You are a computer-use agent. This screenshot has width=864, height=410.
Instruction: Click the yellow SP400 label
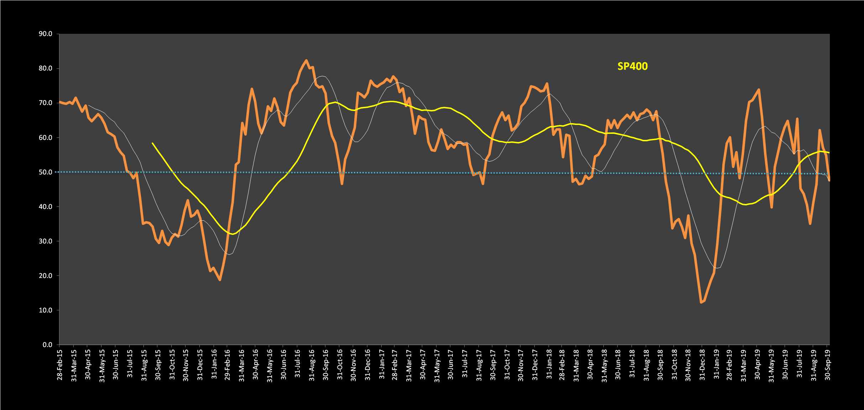pyautogui.click(x=632, y=67)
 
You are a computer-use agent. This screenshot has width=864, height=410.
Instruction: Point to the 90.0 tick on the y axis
pyautogui.click(x=45, y=34)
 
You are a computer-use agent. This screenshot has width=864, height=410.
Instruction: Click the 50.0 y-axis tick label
pyautogui.click(x=45, y=172)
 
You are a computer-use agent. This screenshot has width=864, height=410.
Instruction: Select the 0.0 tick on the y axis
pyautogui.click(x=47, y=345)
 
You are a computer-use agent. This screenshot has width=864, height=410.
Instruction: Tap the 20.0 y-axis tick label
pyautogui.click(x=45, y=276)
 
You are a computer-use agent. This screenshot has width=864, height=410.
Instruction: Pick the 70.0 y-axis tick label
pyautogui.click(x=45, y=103)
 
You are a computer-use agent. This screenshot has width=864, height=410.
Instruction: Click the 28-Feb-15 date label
pyautogui.click(x=59, y=365)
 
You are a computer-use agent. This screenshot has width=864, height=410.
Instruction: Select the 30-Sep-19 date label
pyautogui.click(x=828, y=365)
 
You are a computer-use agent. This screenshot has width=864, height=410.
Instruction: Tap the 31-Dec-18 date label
pyautogui.click(x=702, y=365)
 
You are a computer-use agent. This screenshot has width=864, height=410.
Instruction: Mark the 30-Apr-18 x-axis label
pyautogui.click(x=590, y=365)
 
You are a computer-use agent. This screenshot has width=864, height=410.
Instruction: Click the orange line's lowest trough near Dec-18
pyautogui.click(x=701, y=303)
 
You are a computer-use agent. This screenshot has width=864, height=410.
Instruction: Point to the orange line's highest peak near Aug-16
pyautogui.click(x=306, y=60)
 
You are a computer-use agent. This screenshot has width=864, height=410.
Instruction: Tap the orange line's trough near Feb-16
pyautogui.click(x=220, y=280)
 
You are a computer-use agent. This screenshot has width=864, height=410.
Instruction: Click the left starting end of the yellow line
pyautogui.click(x=152, y=143)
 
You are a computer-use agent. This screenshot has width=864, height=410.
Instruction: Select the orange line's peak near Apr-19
pyautogui.click(x=759, y=89)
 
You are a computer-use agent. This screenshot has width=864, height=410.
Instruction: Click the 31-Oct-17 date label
pyautogui.click(x=507, y=365)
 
